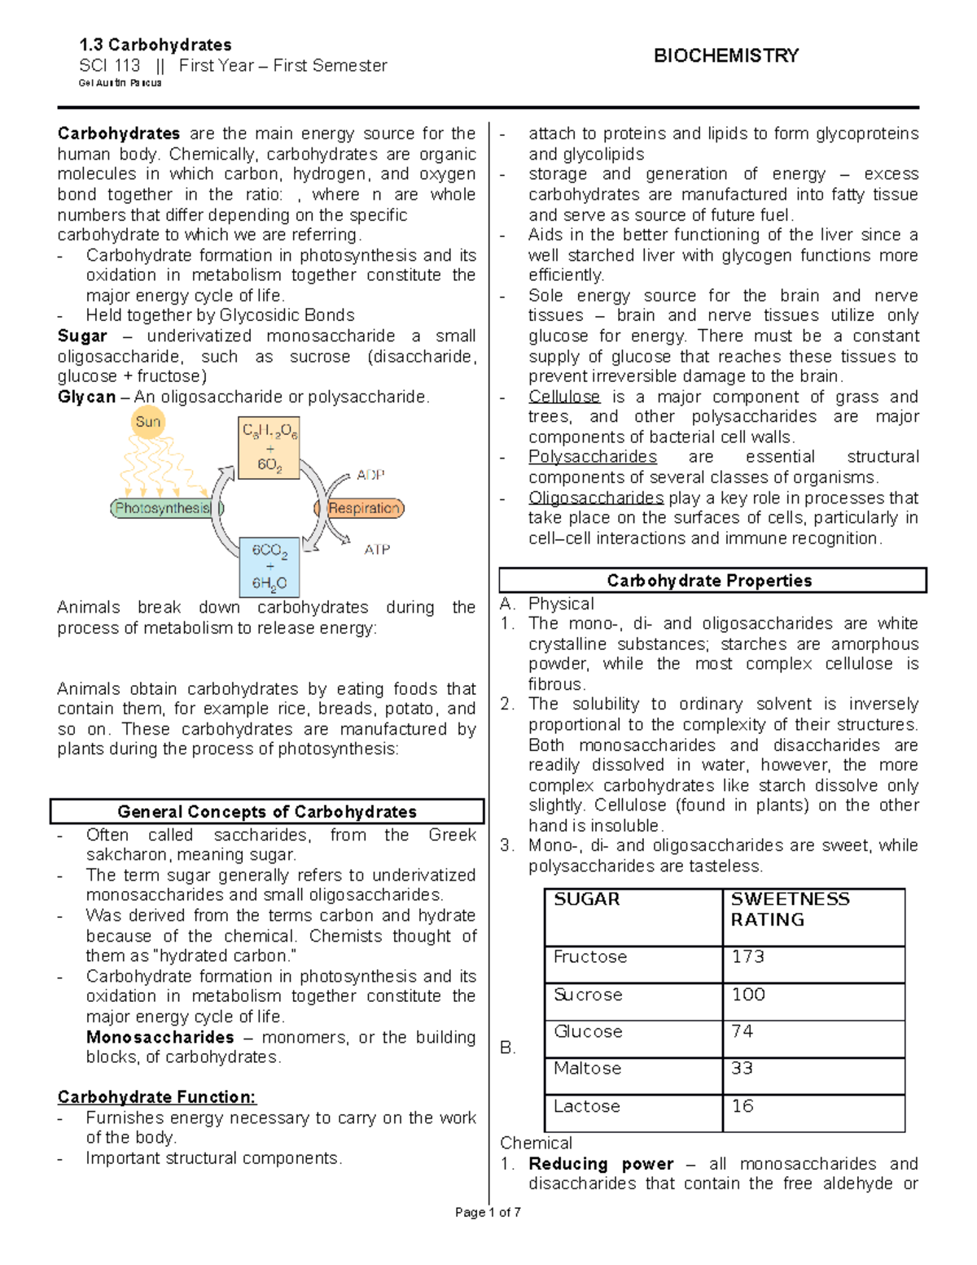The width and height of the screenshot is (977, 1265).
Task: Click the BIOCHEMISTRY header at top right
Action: [x=725, y=55]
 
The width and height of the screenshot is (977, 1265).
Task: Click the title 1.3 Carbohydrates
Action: [x=156, y=45]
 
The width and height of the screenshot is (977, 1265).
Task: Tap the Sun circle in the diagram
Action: [x=148, y=422]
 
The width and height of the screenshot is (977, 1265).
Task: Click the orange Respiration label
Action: [x=362, y=508]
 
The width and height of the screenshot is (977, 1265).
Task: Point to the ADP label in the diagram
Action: [x=370, y=475]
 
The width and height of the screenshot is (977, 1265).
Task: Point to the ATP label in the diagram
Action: [x=376, y=550]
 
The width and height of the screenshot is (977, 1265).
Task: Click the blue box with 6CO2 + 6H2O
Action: [x=269, y=567]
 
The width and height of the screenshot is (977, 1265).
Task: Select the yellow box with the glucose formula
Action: [x=269, y=448]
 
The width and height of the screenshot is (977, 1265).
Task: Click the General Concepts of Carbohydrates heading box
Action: [x=267, y=811]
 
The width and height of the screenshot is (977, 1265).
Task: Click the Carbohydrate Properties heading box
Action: [x=712, y=580]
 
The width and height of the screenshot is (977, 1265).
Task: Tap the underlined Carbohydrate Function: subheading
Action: [x=156, y=1097]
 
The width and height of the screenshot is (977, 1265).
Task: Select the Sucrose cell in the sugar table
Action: [x=588, y=995]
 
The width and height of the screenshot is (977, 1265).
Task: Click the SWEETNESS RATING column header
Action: [x=790, y=909]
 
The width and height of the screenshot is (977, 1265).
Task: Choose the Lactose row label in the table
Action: [x=586, y=1106]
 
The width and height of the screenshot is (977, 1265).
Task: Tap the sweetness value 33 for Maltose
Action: [x=742, y=1068]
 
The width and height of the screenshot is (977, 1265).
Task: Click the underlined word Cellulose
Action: [x=564, y=397]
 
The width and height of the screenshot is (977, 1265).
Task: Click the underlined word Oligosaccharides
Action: [x=596, y=498]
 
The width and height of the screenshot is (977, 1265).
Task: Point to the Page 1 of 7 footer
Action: [x=488, y=1212]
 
